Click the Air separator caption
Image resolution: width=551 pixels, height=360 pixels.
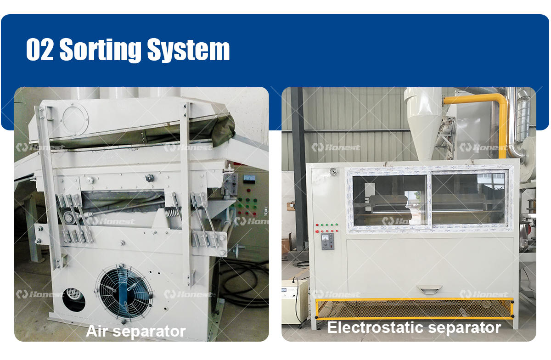(136, 331)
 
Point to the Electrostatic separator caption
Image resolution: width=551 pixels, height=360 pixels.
(414, 327)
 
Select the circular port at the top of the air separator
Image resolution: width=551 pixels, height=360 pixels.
(75, 118)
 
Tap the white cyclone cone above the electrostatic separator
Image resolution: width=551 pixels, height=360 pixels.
(422, 122)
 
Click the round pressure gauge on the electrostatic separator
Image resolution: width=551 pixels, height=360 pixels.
(333, 172)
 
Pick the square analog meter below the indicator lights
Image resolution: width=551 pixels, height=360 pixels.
(327, 241)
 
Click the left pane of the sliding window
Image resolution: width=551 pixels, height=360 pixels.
(389, 200)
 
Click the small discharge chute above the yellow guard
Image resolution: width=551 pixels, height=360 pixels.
(429, 289)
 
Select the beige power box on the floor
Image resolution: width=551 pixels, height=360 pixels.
(294, 301)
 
